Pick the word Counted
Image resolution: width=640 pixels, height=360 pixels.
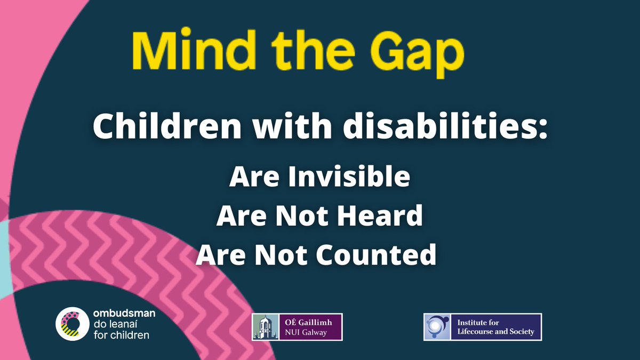point(376,255)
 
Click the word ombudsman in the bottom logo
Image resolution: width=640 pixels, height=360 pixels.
point(125,315)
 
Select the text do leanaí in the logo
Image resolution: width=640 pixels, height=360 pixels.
point(113,325)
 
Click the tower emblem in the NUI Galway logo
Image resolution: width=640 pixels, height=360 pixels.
point(263,327)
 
